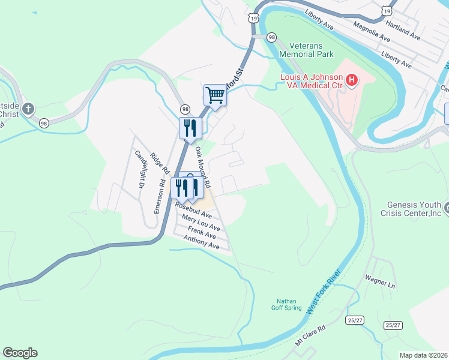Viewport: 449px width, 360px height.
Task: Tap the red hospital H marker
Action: tap(352, 80)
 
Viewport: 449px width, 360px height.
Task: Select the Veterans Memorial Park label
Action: tap(311, 50)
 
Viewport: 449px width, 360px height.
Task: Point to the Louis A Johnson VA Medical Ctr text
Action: tap(312, 82)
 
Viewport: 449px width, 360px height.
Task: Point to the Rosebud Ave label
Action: tap(194, 210)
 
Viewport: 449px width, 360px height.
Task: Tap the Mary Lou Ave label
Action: tap(201, 223)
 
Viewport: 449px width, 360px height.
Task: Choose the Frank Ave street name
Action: tap(202, 233)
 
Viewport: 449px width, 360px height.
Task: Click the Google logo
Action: tap(20, 353)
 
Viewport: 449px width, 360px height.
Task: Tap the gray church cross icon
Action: tap(28, 109)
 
